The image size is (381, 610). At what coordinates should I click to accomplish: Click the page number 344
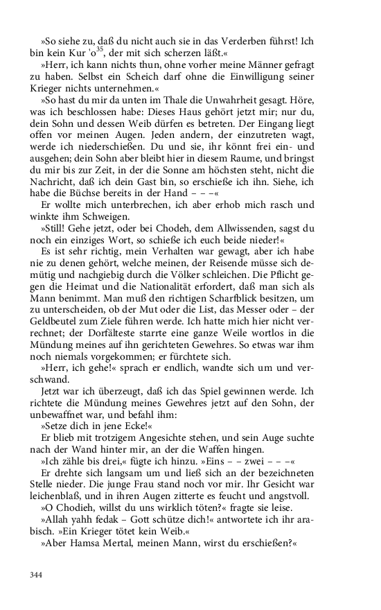click(37, 574)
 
